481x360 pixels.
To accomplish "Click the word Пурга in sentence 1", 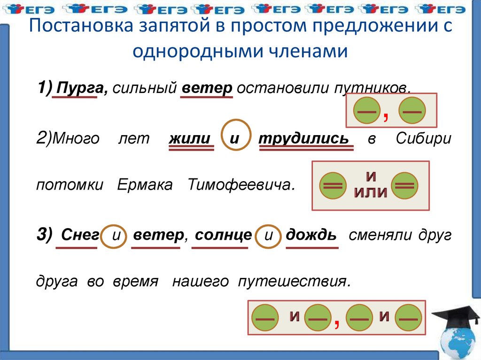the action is pos(82,88).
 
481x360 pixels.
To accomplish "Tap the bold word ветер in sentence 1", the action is pos(207,88).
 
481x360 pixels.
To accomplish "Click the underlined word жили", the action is pos(190,138).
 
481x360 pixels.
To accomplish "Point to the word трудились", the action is pos(304,138).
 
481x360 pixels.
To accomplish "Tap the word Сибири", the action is pos(423,138).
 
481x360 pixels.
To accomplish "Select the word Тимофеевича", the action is pos(241,184).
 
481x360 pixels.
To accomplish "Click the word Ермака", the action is pos(145,184).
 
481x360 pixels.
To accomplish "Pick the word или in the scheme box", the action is pos(371,192).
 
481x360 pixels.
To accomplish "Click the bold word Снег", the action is pos(80,235).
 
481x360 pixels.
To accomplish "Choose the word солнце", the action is pos(223,236).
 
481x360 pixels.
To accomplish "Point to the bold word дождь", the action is pos(311,235).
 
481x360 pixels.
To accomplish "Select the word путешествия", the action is pos(295,282).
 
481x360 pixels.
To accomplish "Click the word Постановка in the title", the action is pos(81,25).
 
